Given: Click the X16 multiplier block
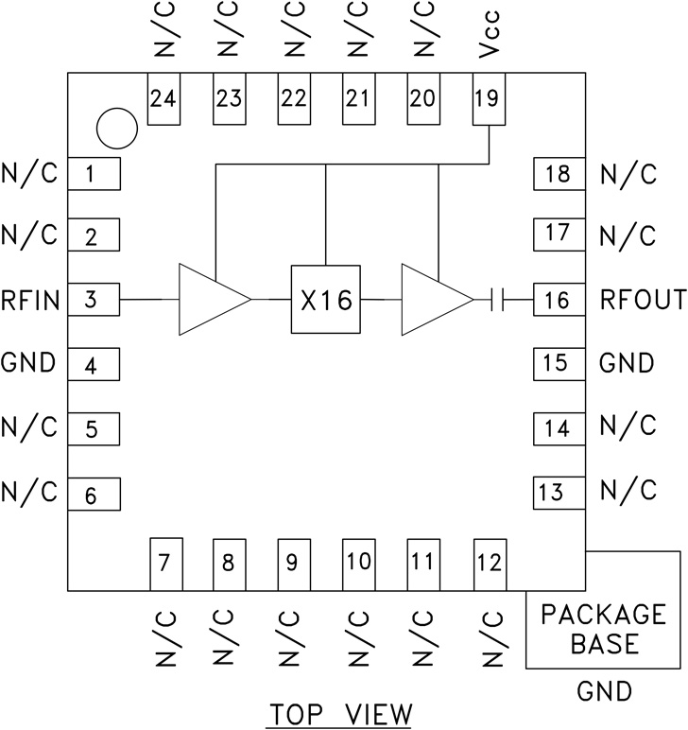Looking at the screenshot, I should [x=325, y=301].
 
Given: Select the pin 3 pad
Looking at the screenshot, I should [x=92, y=301].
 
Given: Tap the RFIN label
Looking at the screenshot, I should [x=31, y=301].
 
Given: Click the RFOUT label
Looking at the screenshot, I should [x=643, y=301].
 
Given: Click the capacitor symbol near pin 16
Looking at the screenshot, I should [x=499, y=301].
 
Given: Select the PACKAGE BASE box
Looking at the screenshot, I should [x=603, y=629].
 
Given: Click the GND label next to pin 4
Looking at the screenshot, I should [x=29, y=363].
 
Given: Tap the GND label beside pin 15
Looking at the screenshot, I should [x=628, y=363].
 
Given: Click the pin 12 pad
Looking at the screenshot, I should [x=489, y=564].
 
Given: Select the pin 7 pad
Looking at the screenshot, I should [x=165, y=564].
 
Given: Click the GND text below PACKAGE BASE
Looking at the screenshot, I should [x=604, y=693].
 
